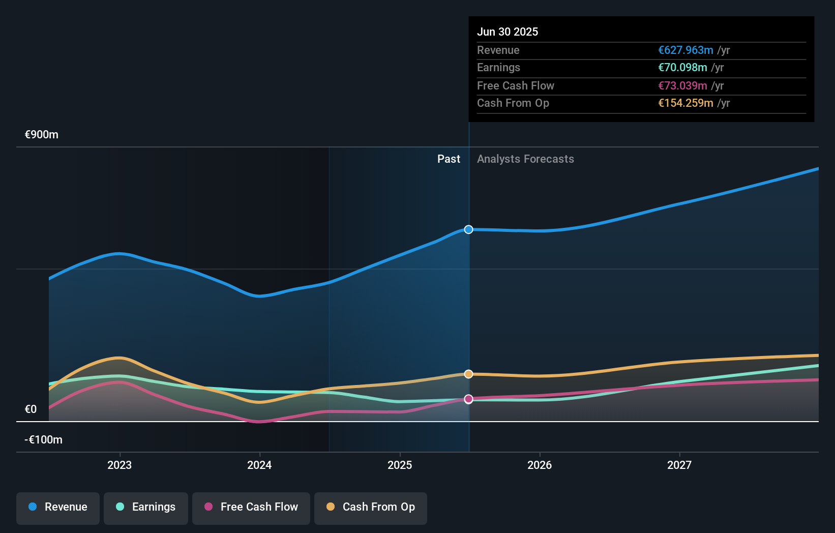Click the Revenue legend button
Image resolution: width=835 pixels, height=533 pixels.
[x=58, y=507]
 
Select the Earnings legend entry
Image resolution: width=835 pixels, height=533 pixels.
[x=146, y=507]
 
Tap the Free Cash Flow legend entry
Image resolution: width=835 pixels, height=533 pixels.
[x=251, y=507]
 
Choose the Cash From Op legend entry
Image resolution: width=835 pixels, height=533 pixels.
[x=371, y=507]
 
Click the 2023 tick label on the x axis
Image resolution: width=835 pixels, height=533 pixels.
[x=120, y=465]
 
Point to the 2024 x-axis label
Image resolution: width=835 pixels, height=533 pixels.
[x=259, y=465]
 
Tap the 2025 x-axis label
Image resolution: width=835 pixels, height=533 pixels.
[x=400, y=465]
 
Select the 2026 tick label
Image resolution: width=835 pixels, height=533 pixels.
[x=540, y=465]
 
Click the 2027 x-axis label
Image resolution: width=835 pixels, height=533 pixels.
[x=679, y=465]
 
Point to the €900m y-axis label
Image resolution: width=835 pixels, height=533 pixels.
[x=42, y=135]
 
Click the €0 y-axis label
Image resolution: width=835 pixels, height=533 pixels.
[x=31, y=409]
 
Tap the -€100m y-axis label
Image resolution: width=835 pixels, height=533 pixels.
[x=43, y=440]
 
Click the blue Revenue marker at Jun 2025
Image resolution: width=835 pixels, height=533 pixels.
[x=469, y=229]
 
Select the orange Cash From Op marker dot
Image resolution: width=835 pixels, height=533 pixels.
[x=469, y=374]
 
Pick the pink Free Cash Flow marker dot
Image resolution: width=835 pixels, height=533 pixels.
[x=469, y=399]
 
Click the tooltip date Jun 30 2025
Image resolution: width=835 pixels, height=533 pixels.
[x=508, y=32]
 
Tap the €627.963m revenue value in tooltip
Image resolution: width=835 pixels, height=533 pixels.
[x=685, y=50]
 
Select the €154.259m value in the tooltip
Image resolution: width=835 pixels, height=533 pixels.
[x=685, y=103]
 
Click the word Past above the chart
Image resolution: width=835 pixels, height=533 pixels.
[x=449, y=159]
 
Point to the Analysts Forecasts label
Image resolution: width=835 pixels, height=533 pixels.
[x=525, y=159]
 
